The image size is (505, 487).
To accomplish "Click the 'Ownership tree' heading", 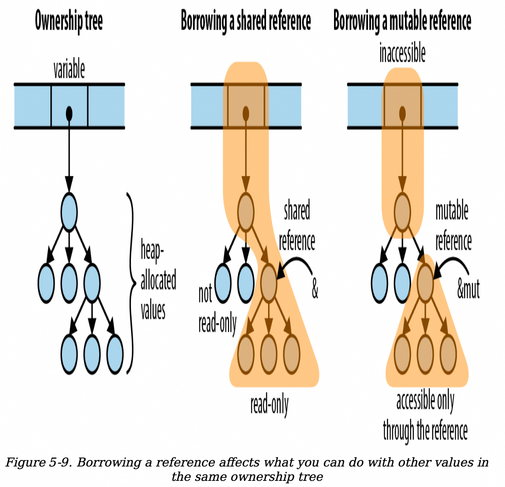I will coord(68,21).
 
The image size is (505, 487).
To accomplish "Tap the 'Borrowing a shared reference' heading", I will coord(246,21).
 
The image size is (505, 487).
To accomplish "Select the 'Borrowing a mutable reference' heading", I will coord(402,21).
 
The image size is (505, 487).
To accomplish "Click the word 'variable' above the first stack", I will coord(69,70).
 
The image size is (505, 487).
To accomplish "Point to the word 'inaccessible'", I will coord(402,53).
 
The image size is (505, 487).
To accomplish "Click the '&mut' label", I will coord(468,289).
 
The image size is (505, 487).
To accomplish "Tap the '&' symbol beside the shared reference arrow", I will coord(315,289).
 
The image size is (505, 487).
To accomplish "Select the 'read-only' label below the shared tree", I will coord(269,405).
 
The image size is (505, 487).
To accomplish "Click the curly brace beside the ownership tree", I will coord(131,283).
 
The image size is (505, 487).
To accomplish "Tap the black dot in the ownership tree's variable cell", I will coord(69,112).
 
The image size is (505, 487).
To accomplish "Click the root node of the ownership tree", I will coord(69,212).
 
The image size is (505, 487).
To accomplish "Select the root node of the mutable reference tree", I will coord(402,212).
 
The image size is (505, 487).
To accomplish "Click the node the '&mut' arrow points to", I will coord(425,283).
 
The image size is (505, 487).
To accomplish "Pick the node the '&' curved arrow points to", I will coord(268,283).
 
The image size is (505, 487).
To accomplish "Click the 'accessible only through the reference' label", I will coord(425,416).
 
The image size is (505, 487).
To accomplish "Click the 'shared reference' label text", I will coord(297,225).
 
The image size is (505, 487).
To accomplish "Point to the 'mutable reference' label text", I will coord(453,225).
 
